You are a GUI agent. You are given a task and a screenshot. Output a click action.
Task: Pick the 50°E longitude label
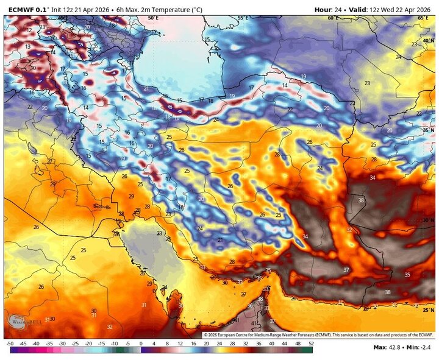click(x=152, y=18)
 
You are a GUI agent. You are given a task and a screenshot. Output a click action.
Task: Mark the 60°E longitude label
click(x=332, y=18)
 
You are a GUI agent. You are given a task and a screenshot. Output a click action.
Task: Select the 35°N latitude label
click(x=428, y=130)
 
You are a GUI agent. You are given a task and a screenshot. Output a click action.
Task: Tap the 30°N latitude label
click(x=428, y=221)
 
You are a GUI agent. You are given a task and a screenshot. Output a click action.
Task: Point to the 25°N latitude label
click(x=428, y=310)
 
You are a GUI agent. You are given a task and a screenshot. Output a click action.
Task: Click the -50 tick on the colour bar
click(x=10, y=344)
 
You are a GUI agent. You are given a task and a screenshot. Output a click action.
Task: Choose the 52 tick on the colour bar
click(x=312, y=344)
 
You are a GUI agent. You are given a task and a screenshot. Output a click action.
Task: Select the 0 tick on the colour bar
click(x=141, y=344)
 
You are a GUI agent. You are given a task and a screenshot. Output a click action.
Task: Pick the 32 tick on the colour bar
click(x=246, y=344)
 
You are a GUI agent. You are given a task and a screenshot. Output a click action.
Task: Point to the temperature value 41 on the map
click(x=254, y=323)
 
